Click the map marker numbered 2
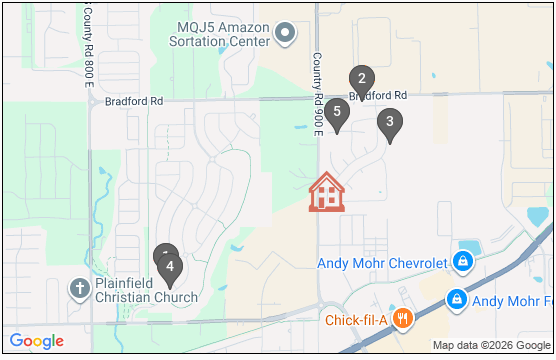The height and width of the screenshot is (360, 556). tap(361, 78)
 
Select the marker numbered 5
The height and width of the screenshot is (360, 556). tap(337, 112)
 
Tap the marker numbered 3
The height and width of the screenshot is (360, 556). tap(389, 123)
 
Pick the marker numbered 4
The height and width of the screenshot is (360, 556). tap(171, 267)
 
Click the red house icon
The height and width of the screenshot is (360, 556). tap(326, 192)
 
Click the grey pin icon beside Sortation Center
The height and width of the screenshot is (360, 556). tap(286, 33)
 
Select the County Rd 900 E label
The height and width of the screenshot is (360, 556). tap(316, 89)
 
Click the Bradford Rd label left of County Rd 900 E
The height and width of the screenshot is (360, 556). tap(133, 101)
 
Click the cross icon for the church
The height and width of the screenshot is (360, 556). tap(79, 289)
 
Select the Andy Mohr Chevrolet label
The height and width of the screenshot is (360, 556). tap(381, 264)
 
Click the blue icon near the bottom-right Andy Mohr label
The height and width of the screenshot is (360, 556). tap(456, 299)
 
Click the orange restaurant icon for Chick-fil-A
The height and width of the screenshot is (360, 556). tap(403, 320)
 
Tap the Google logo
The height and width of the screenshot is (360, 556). tap(37, 341)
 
